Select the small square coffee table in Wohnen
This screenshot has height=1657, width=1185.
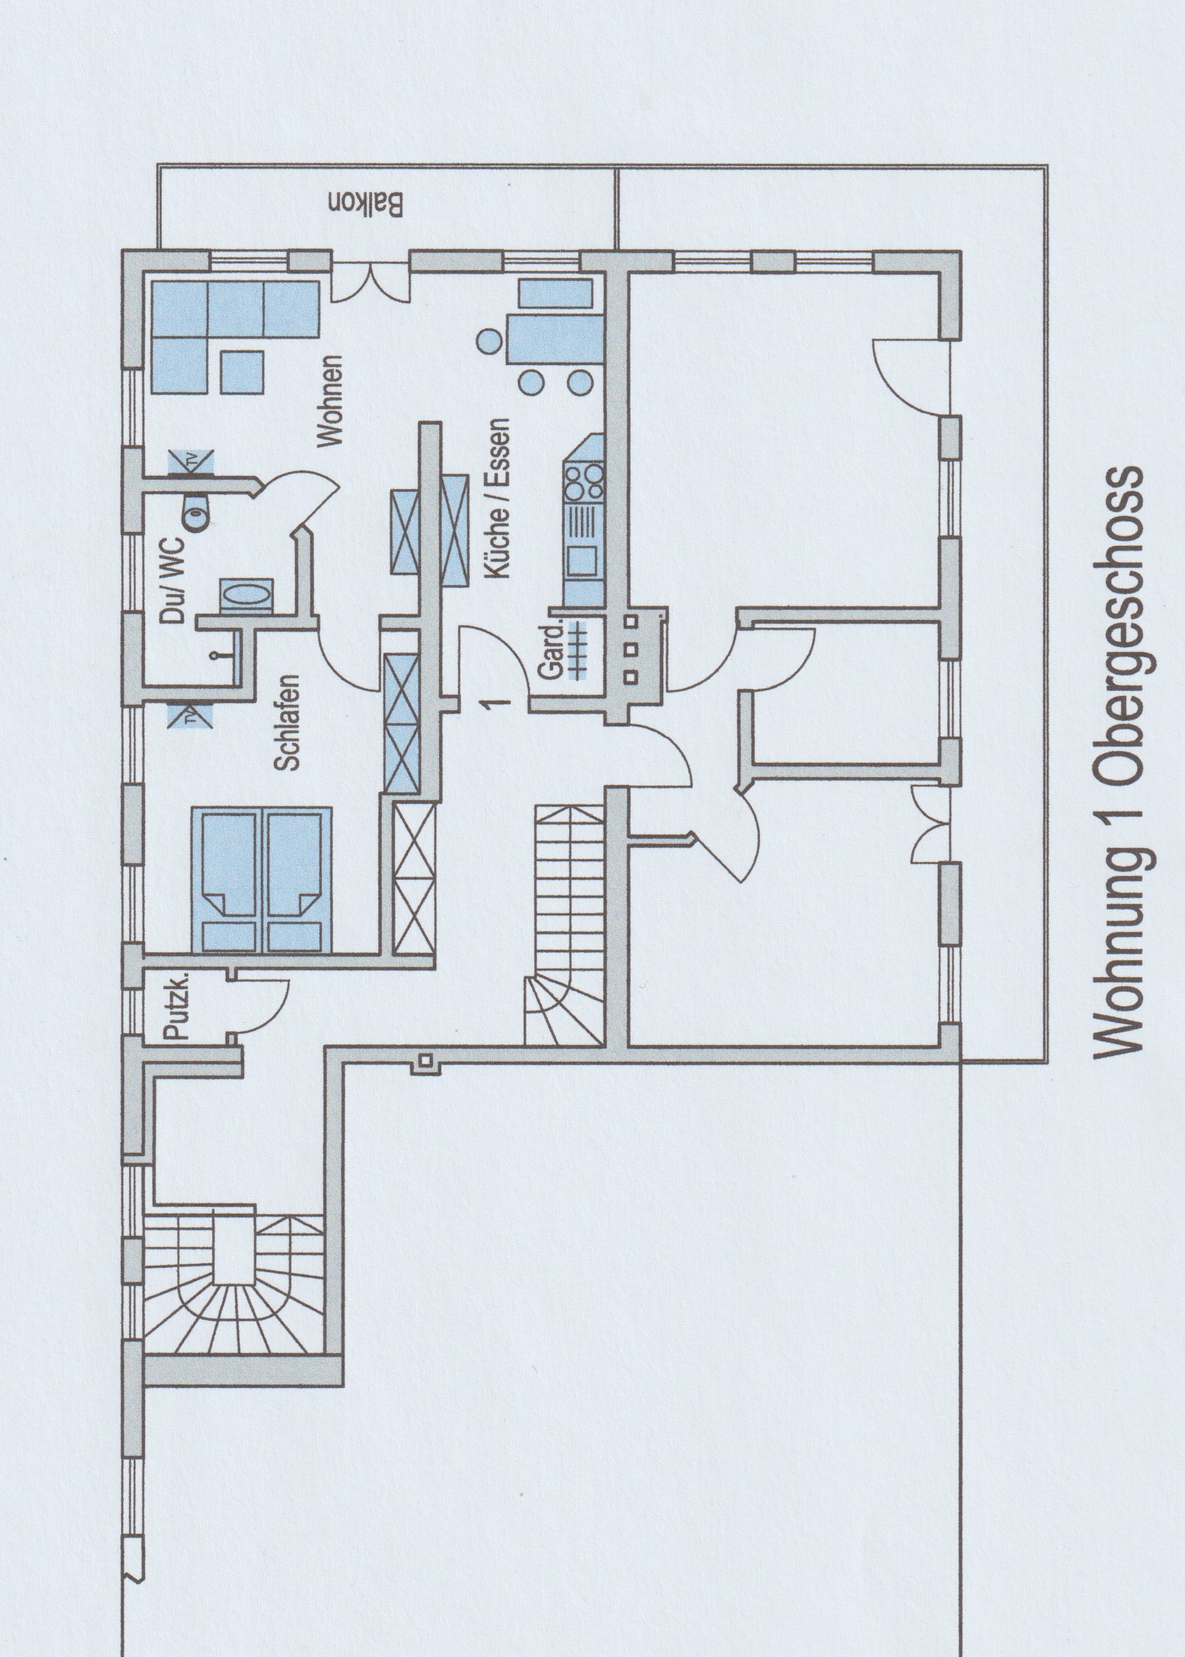(242, 371)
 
